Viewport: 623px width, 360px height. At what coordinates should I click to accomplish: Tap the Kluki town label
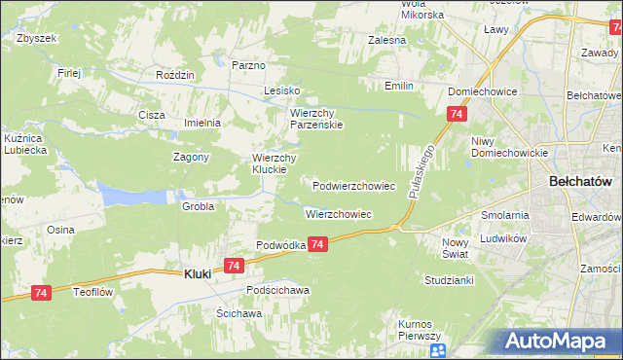click(198, 274)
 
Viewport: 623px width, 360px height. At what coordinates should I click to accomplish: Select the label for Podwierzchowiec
click(353, 185)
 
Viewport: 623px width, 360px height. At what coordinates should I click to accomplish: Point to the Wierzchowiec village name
click(339, 213)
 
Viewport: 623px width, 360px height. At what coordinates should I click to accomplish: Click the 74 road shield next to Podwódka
click(318, 248)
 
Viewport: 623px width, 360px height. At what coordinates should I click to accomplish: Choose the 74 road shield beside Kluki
click(233, 265)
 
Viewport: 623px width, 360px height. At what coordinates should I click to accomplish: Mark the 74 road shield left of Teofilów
click(41, 293)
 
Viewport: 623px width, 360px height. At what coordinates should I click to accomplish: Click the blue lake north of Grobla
click(131, 196)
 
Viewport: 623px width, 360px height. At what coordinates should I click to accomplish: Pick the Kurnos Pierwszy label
click(421, 329)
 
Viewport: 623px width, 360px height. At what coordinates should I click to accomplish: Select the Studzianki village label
click(449, 280)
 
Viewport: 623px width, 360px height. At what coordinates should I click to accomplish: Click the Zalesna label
click(385, 41)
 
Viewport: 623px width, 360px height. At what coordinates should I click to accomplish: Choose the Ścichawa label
click(238, 313)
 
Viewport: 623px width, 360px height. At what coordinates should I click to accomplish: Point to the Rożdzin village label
click(176, 75)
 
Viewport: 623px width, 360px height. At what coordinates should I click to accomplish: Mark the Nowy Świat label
click(455, 247)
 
